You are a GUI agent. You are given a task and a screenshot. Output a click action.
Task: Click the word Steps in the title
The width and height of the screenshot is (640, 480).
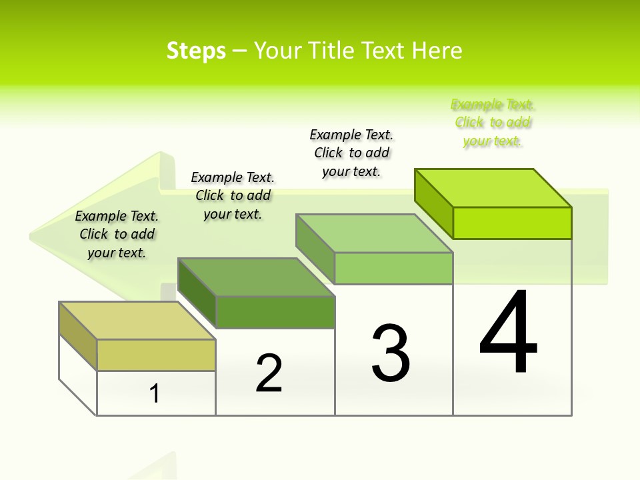pos(196,51)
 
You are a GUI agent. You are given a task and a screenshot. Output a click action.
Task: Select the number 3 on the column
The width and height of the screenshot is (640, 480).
pos(391,353)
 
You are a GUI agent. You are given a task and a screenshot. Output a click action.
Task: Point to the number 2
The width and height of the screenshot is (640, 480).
pos(269,373)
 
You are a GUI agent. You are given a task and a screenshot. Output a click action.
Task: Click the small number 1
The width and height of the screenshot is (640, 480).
pos(155,394)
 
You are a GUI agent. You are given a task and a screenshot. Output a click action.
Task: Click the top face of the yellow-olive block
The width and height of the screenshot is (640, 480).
pos(137,321)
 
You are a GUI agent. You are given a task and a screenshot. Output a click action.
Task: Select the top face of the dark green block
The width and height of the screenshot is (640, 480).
pos(256,277)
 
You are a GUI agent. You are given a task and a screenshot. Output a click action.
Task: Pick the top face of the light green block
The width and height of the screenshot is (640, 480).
pos(375,233)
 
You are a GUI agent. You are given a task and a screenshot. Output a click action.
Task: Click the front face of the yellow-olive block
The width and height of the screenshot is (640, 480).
pos(156,355)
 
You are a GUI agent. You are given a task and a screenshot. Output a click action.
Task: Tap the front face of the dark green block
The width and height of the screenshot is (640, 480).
pos(275,312)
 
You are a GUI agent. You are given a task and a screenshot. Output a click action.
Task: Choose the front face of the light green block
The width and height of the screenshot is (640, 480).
pos(393,268)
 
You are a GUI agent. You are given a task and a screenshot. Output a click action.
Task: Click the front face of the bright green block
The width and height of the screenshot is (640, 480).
pos(512,223)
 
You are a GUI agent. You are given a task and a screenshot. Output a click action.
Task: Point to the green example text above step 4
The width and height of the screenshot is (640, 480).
pos(493,123)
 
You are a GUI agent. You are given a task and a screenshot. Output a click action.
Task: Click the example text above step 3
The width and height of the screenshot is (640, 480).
pos(352,153)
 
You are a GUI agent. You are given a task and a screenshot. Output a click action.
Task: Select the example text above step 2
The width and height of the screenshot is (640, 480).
pos(233,195)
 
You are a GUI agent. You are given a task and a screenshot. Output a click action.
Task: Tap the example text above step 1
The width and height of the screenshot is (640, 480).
pos(117,234)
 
